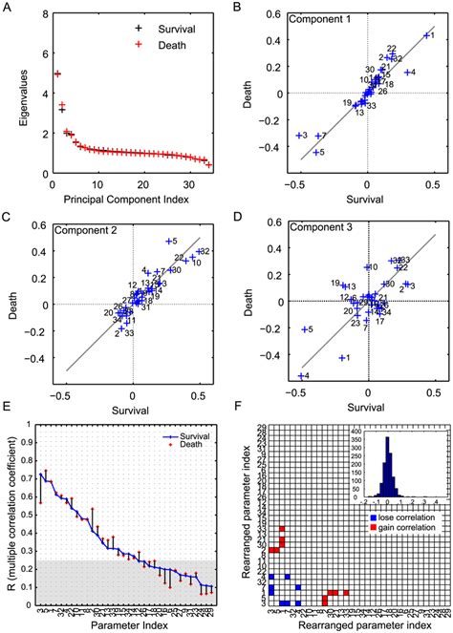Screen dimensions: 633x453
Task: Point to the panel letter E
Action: click(x=8, y=406)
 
